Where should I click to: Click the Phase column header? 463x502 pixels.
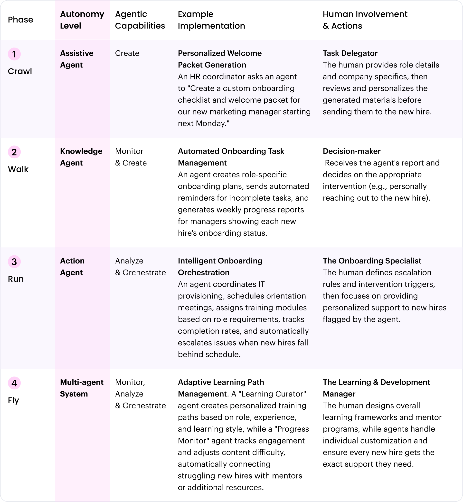click(20, 20)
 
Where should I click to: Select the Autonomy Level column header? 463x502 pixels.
click(82, 20)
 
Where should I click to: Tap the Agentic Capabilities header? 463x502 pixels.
click(140, 20)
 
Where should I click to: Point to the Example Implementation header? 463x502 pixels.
click(211, 20)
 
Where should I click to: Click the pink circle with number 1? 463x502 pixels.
click(14, 54)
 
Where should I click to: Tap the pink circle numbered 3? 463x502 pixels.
click(14, 262)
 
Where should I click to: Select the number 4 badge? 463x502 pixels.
click(14, 383)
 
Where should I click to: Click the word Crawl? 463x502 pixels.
click(20, 71)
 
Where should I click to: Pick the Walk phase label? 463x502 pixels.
click(18, 169)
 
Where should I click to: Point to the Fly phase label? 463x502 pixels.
click(13, 400)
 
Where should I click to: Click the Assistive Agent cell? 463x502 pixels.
click(76, 59)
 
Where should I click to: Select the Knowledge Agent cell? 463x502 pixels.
click(81, 157)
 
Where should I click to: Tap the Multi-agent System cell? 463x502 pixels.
click(81, 388)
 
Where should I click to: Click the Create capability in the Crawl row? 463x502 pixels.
click(127, 53)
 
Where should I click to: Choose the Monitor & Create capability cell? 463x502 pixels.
click(131, 157)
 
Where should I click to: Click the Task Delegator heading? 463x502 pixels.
click(350, 53)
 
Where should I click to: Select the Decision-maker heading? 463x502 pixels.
click(351, 151)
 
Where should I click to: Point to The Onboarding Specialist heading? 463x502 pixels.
click(372, 261)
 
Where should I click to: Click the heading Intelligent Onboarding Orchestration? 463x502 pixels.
click(220, 267)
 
